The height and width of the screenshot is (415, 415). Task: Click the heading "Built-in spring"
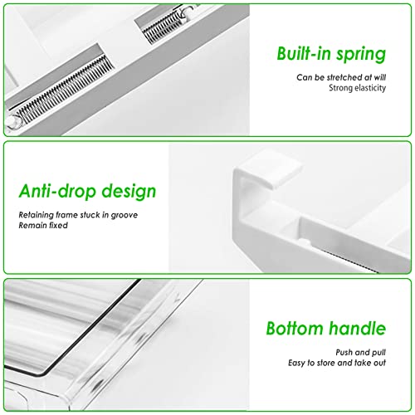(331, 55)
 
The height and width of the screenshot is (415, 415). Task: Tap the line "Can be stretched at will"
(341, 77)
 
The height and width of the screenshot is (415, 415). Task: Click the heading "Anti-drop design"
(87, 192)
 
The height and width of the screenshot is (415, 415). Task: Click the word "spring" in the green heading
(360, 56)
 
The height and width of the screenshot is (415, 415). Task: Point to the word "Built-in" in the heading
(304, 55)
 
